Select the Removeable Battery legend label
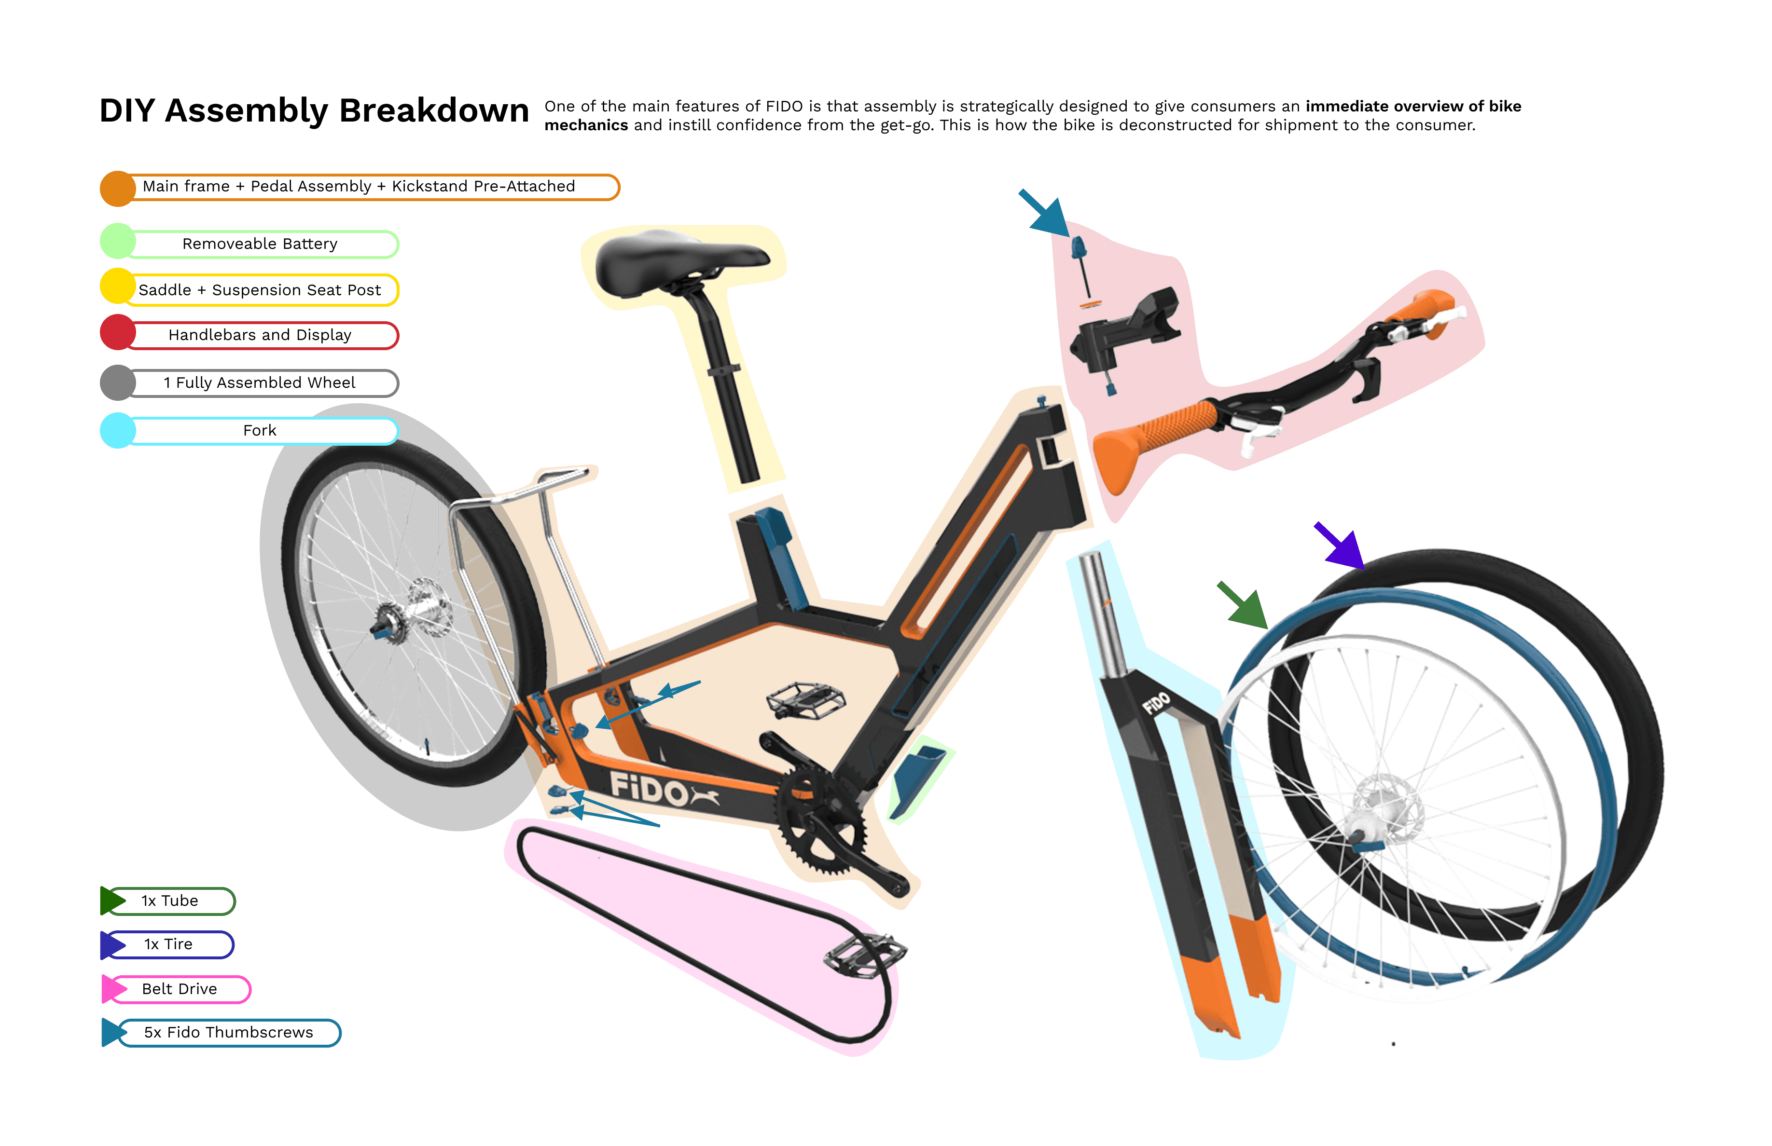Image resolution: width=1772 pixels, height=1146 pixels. (x=260, y=244)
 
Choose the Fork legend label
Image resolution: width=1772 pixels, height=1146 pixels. (x=260, y=431)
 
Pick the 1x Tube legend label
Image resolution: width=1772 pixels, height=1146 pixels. (x=170, y=901)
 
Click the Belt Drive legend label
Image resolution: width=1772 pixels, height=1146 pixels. (x=180, y=989)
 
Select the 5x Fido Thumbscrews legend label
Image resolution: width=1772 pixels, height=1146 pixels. (x=229, y=1033)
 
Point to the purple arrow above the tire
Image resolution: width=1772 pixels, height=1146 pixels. (x=1340, y=546)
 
